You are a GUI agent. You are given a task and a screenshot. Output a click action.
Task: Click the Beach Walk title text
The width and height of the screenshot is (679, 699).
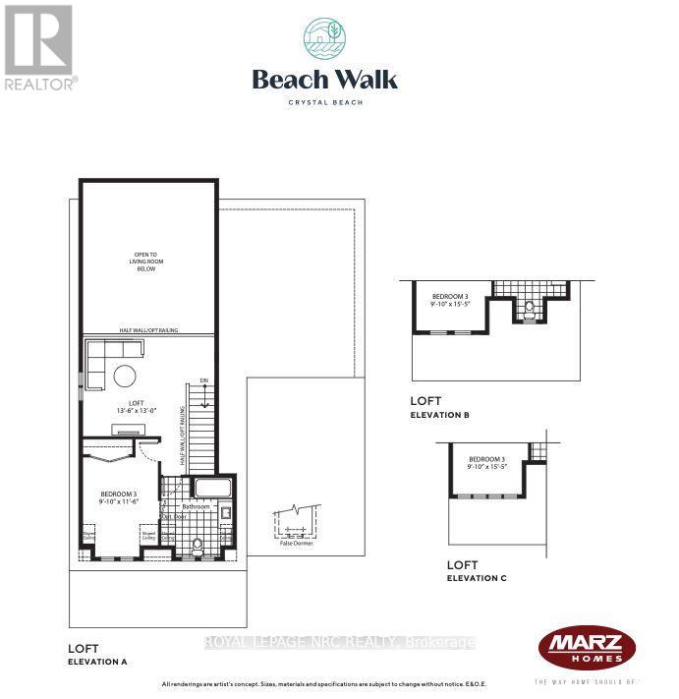pyautogui.click(x=324, y=80)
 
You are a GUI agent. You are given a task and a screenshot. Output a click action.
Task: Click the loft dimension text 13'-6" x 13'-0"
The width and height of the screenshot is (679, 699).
pyautogui.click(x=131, y=409)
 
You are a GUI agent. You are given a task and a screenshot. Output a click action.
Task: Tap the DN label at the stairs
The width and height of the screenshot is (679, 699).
pyautogui.click(x=203, y=380)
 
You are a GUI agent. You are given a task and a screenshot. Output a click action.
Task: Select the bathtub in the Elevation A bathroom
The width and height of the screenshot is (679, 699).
pyautogui.click(x=212, y=489)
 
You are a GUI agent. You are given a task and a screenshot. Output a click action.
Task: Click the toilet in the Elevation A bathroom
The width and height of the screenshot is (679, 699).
pyautogui.click(x=198, y=546)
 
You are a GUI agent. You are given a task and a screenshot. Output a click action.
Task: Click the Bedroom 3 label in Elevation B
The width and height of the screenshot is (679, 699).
pyautogui.click(x=451, y=300)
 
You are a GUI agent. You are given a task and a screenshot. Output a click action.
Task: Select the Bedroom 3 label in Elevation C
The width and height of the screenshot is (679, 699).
pyautogui.click(x=486, y=463)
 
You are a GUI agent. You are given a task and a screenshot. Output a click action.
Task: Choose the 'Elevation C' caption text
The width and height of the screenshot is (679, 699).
pyautogui.click(x=477, y=578)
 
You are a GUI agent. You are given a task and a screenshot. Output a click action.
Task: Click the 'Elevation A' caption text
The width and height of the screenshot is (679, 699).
pyautogui.click(x=97, y=663)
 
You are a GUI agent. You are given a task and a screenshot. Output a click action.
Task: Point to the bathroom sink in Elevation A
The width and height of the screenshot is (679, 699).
pyautogui.click(x=226, y=512)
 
